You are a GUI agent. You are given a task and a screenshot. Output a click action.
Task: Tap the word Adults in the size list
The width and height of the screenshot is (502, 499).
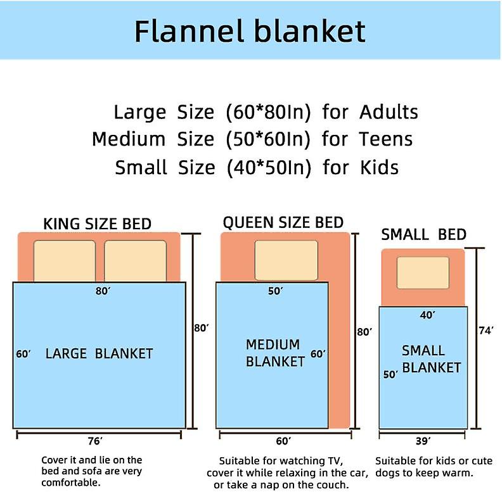[x=389, y=112]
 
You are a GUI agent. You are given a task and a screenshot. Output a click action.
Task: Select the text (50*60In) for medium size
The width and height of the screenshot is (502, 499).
[x=268, y=139]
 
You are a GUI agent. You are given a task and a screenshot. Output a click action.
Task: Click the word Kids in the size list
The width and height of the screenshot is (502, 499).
[x=379, y=167]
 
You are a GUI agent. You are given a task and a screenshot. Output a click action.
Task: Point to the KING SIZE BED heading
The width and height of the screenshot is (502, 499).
[x=98, y=224]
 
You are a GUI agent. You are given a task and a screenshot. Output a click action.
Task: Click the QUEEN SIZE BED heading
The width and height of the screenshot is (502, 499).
[x=283, y=222]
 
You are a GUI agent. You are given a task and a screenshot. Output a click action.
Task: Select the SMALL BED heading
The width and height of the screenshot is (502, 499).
[x=423, y=234]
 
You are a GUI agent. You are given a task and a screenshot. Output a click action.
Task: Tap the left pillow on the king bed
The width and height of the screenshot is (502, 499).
[x=65, y=261]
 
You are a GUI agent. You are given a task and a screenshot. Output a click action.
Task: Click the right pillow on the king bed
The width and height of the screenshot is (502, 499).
[x=136, y=261]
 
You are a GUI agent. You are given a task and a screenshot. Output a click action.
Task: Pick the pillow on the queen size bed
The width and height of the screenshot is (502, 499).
[x=286, y=260]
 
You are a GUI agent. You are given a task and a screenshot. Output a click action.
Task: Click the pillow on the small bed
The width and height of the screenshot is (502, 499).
[x=423, y=273]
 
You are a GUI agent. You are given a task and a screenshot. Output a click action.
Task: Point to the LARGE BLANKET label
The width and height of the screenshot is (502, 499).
[x=100, y=354]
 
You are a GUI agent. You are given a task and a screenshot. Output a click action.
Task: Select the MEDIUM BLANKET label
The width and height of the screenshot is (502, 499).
[x=275, y=353]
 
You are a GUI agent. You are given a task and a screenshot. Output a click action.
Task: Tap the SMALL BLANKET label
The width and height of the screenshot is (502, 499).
[x=431, y=359]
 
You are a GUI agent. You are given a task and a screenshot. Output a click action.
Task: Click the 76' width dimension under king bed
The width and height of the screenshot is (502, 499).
[x=95, y=441]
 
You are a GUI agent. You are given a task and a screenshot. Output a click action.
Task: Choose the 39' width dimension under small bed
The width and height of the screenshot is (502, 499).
[x=423, y=441]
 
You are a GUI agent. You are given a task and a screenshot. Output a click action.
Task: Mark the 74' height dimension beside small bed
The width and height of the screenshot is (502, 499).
[x=486, y=331]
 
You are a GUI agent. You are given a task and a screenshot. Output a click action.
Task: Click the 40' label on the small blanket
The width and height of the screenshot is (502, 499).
[x=427, y=315]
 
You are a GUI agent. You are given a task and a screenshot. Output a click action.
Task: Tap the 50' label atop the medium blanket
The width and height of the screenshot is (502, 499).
[x=275, y=291]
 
